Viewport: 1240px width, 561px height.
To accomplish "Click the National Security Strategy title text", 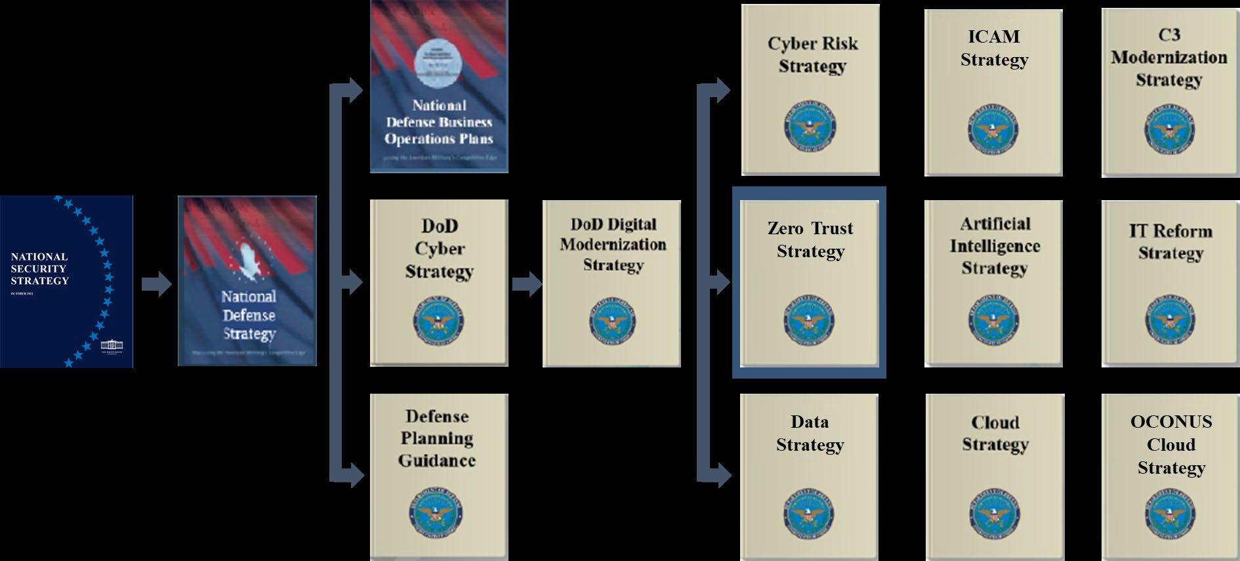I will (x=39, y=268).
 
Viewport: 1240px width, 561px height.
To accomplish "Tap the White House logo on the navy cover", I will (x=112, y=346).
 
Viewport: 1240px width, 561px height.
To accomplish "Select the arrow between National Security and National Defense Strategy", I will (x=156, y=285).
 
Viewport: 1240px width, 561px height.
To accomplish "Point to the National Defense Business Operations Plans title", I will (x=439, y=122).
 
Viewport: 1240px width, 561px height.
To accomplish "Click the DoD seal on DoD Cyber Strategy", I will (x=439, y=321).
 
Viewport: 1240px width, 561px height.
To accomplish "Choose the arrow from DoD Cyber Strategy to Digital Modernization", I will (x=526, y=284).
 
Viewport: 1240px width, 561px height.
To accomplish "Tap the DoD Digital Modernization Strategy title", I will (x=613, y=244).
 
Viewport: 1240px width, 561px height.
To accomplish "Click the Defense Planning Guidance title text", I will (x=437, y=438).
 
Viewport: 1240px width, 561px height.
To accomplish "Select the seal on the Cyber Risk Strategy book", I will (x=810, y=128).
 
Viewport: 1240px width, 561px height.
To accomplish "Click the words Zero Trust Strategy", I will (x=810, y=239).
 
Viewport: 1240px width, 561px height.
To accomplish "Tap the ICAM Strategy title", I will (x=994, y=48).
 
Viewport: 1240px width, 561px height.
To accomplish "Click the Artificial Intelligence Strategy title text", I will (x=995, y=246).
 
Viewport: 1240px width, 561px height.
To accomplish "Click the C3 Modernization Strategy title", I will (x=1169, y=58).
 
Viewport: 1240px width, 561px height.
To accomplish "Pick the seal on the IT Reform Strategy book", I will (x=1170, y=321).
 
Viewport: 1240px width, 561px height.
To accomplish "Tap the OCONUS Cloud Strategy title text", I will (x=1171, y=445).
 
